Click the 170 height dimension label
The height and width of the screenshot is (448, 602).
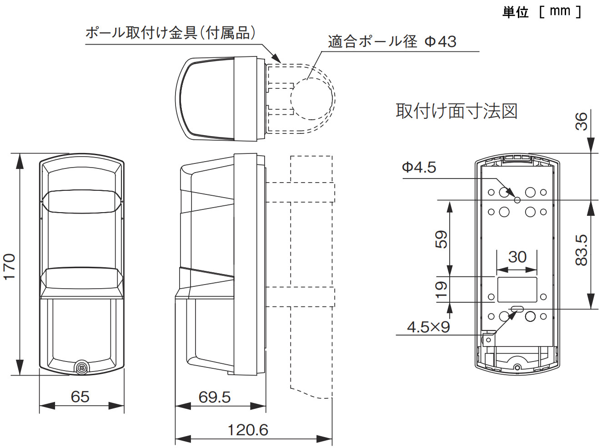tap(9, 266)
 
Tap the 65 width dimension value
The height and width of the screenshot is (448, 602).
tap(80, 397)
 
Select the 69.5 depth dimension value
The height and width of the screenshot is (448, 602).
tap(214, 397)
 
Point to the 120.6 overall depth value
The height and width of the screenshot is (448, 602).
tap(248, 430)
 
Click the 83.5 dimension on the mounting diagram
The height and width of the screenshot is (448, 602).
tap(581, 250)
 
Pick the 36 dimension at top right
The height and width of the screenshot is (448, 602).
tap(581, 122)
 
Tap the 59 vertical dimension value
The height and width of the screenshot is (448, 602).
tap(441, 239)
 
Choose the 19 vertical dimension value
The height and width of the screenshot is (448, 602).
tap(441, 289)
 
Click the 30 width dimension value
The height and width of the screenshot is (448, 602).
tap(517, 257)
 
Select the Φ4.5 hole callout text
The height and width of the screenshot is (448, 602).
tap(419, 168)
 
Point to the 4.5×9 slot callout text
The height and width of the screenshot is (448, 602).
tap(428, 327)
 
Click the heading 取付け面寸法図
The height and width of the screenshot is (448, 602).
tap(457, 111)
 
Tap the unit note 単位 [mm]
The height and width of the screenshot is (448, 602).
tap(541, 11)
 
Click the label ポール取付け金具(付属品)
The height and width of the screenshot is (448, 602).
tap(171, 33)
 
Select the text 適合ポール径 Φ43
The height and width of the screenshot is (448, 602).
tap(392, 41)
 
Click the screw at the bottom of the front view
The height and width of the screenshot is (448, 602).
tap(82, 367)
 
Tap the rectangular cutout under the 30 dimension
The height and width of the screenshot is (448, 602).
tap(517, 290)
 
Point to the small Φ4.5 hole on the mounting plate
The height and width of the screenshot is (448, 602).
tap(517, 200)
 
